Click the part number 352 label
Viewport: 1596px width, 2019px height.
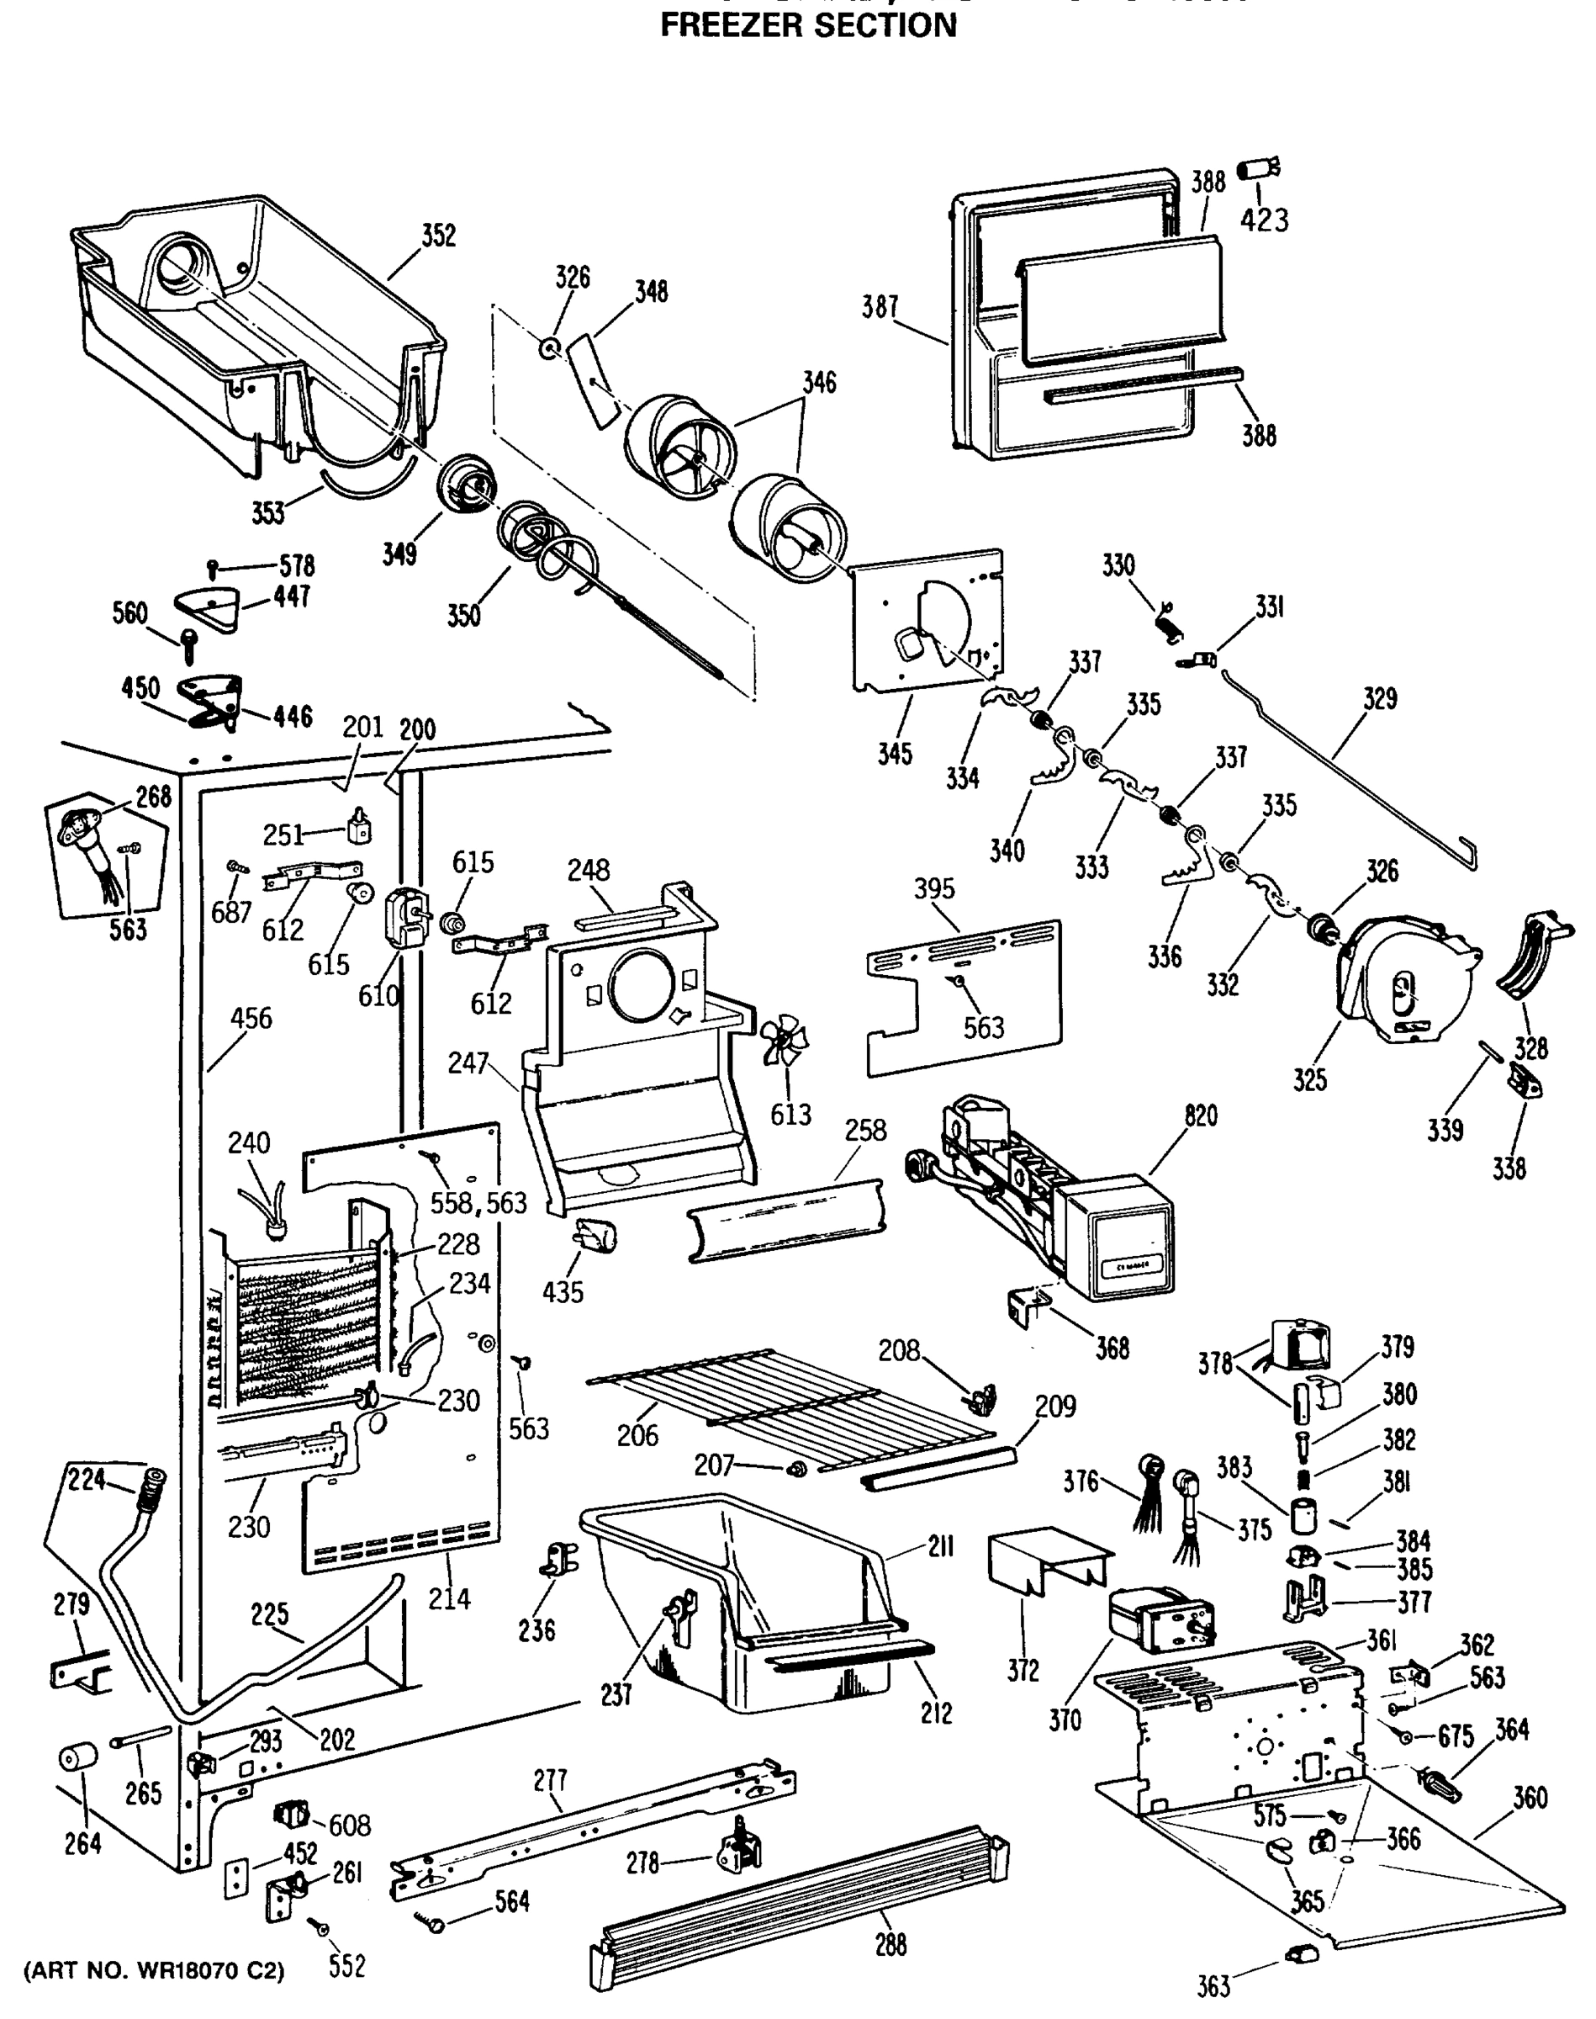[438, 236]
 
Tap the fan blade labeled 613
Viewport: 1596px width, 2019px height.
[783, 1041]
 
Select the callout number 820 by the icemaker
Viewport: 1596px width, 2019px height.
[1201, 1116]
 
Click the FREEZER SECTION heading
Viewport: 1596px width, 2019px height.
[808, 25]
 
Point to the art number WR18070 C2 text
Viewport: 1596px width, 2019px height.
[153, 1971]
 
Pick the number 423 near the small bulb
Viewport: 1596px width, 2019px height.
[1265, 220]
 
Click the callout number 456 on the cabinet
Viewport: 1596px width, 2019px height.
[251, 1018]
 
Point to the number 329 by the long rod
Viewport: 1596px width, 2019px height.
[1379, 698]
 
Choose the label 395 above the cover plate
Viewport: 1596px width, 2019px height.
[934, 889]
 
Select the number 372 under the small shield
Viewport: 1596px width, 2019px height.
[1023, 1671]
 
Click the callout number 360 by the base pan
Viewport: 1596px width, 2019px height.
[1530, 1798]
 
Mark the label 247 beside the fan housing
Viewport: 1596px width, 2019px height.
[468, 1062]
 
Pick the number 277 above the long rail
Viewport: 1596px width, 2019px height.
[551, 1781]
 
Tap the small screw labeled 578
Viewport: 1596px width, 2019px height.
[214, 566]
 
